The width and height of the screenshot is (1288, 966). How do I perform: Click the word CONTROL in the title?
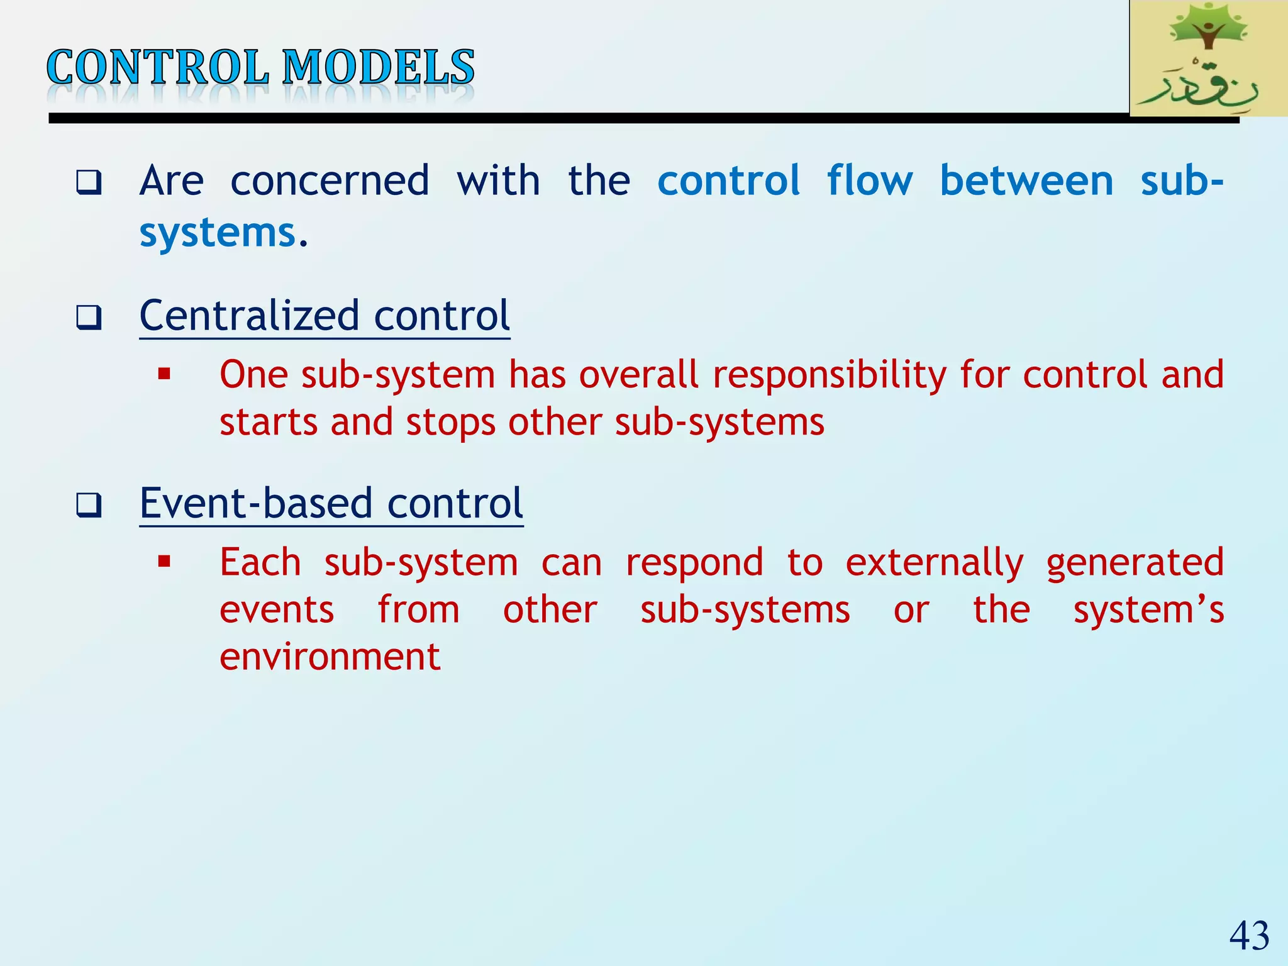(x=157, y=67)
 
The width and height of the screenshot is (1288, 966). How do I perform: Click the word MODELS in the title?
(x=378, y=67)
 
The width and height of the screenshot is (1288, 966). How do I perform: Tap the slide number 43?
(x=1249, y=935)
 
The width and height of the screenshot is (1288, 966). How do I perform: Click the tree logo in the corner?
(x=1207, y=58)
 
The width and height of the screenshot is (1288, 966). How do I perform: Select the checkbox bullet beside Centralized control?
(x=89, y=318)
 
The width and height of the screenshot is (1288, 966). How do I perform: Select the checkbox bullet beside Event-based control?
(x=89, y=505)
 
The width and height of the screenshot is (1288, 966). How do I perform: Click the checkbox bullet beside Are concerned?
(x=89, y=182)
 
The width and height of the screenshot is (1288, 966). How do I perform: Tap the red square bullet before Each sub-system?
(x=165, y=562)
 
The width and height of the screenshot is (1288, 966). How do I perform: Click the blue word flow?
(x=869, y=181)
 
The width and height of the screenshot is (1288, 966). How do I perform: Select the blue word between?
(x=1026, y=181)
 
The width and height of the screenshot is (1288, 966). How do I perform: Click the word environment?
(x=330, y=657)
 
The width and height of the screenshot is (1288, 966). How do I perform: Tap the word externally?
(x=934, y=563)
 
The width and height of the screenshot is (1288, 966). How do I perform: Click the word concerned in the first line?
(x=330, y=181)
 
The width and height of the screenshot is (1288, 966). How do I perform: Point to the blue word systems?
(x=217, y=233)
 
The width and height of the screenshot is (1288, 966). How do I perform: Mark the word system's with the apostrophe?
(x=1148, y=610)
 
